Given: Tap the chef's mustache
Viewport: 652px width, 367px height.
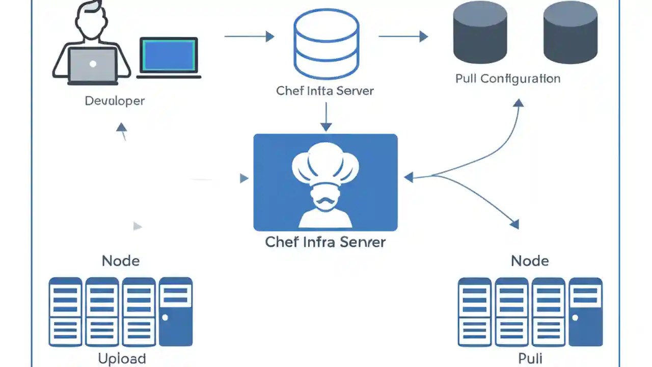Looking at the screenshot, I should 325,202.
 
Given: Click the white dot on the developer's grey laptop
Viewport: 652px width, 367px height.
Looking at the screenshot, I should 93,64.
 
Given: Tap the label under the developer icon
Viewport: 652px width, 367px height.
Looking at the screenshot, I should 115,101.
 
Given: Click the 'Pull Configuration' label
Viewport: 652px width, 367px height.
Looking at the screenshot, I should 507,79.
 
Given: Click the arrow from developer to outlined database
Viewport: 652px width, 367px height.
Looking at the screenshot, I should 249,36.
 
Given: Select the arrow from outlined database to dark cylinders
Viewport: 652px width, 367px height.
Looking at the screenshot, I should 402,36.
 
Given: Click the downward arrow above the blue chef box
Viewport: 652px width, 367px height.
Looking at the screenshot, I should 326,117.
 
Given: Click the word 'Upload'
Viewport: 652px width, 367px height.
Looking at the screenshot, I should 122,359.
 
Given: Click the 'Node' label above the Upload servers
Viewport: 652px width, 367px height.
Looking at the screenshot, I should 121,261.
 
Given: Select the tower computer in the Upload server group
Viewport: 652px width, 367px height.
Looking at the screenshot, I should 176,311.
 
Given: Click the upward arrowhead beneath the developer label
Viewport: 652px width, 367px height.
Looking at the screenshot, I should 121,127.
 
